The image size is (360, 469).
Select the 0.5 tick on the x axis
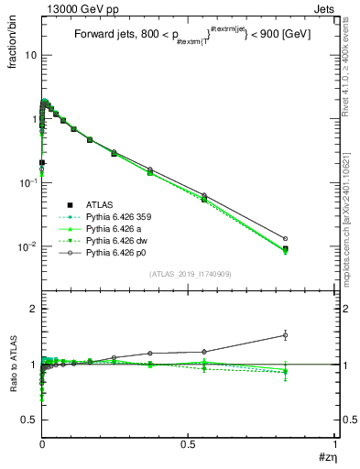(x=188, y=443)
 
